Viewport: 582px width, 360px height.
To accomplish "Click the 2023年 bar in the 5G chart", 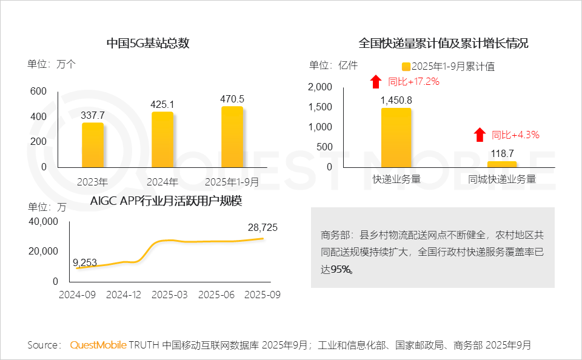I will [93, 145].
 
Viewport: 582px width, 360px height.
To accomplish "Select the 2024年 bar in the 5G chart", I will [162, 139].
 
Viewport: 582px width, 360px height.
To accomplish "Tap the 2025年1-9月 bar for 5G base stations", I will [232, 137].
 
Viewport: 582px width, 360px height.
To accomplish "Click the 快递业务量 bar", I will [396, 138].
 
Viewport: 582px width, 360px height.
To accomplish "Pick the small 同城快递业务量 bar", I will [502, 164].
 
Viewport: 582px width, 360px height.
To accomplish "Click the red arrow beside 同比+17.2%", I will [376, 81].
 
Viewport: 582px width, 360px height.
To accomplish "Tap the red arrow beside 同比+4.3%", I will [480, 135].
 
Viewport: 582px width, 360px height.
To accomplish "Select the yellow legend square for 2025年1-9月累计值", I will [406, 67].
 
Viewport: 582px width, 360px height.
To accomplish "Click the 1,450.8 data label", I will [396, 100].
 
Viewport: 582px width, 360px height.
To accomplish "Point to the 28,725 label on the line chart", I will [263, 227].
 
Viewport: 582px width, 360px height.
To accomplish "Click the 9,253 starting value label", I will [85, 262].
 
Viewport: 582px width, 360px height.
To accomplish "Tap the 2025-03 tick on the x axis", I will [170, 295].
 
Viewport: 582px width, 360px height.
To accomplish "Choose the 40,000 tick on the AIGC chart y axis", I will [43, 222].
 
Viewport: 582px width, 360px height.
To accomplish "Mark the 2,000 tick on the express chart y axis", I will [320, 87].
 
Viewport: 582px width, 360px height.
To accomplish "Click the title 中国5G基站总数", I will [149, 44].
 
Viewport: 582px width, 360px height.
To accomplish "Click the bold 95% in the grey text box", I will [342, 270].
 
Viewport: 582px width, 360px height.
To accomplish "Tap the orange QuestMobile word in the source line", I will [98, 345].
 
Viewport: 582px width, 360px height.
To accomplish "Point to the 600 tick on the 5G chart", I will [38, 92].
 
